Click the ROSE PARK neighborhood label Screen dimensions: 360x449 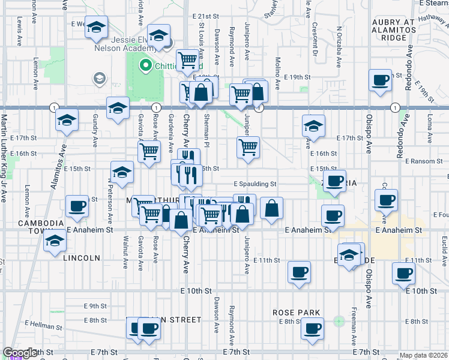pos(296,313)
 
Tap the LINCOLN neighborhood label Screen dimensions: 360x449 pos(81,258)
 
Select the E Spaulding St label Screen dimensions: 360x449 pos(255,184)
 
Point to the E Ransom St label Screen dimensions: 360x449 pos(423,161)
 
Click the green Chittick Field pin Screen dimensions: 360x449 pos(145,65)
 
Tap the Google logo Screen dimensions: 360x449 pos(20,353)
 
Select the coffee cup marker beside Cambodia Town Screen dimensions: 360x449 pos(77,205)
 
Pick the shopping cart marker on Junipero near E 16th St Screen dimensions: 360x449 pos(248,146)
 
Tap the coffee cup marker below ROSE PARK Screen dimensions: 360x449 pos(312,328)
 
